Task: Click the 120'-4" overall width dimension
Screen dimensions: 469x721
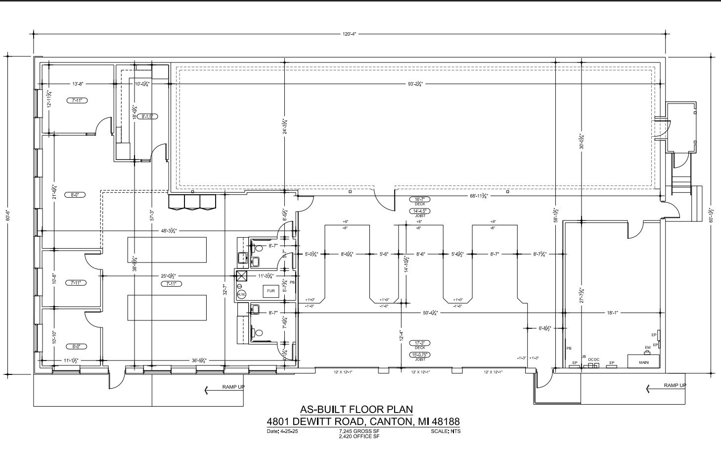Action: pos(349,34)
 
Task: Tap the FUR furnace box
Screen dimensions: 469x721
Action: pos(270,291)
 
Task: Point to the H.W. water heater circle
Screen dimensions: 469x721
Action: pos(241,294)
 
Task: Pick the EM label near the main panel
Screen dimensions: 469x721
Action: pos(647,348)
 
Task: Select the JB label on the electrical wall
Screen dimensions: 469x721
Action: pos(584,357)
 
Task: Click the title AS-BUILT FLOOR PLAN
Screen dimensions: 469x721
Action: pos(356,410)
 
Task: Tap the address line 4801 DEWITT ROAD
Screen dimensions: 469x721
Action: pos(363,422)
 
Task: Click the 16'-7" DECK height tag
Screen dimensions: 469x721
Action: pos(420,199)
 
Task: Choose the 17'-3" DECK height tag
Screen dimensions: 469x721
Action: pos(420,343)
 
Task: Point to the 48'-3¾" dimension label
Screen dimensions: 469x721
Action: pos(169,231)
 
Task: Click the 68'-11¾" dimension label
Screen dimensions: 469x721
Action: pos(479,196)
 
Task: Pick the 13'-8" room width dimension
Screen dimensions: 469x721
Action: pos(78,84)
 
